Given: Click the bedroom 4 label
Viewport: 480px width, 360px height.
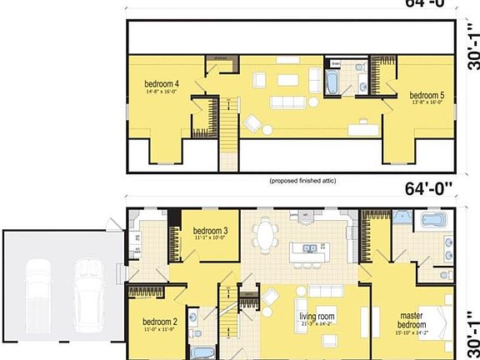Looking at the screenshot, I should tap(162, 83).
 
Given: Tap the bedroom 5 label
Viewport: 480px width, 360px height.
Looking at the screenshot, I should tap(426, 96).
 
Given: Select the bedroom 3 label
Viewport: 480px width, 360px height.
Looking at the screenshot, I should tap(210, 231).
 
